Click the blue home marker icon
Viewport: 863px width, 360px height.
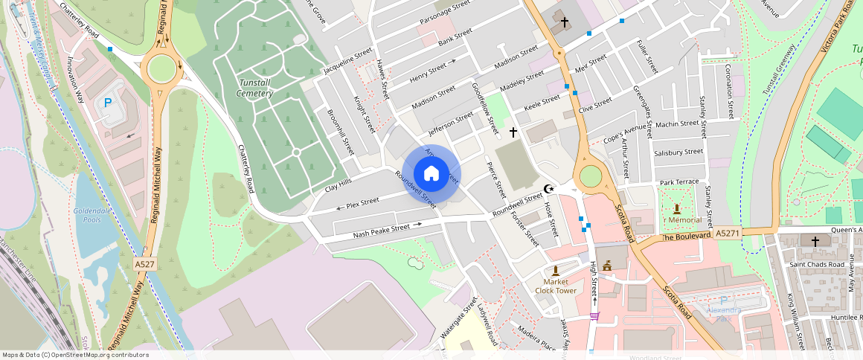(431, 174)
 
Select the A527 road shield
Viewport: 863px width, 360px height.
(144, 264)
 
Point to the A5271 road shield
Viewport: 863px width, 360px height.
(727, 234)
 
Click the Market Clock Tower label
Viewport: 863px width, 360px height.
(555, 286)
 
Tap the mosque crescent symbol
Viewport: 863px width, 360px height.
(550, 190)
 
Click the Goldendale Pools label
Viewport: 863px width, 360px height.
(92, 215)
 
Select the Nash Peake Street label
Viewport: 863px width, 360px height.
(382, 231)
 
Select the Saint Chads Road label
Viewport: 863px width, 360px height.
(817, 264)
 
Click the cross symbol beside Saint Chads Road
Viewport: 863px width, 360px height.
(815, 242)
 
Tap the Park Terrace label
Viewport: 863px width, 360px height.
(679, 182)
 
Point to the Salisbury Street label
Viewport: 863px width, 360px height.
(678, 152)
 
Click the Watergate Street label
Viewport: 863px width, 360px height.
(458, 318)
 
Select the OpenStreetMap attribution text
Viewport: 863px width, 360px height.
(74, 355)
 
